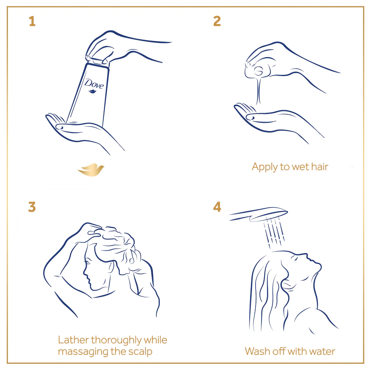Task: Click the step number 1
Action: pos(32,21)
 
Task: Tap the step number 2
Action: pos(217,21)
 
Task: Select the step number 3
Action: pos(32,207)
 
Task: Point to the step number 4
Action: pos(217,207)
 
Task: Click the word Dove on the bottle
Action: pos(94,84)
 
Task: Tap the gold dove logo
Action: pos(91,170)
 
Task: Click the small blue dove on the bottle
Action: pos(92,91)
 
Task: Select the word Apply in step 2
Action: pos(265,167)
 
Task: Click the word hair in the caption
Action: pos(320,167)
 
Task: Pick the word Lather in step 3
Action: pos(73,340)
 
